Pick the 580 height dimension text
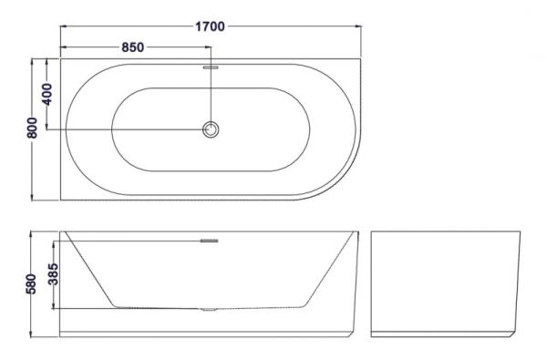pos(32,283)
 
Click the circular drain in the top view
pos(212,130)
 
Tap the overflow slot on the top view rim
pos(211,67)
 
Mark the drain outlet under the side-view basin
pos(211,310)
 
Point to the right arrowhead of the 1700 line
pos(356,27)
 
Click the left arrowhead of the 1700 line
pos(64,27)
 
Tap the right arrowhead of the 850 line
pos(207,47)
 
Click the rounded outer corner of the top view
pos(342,178)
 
